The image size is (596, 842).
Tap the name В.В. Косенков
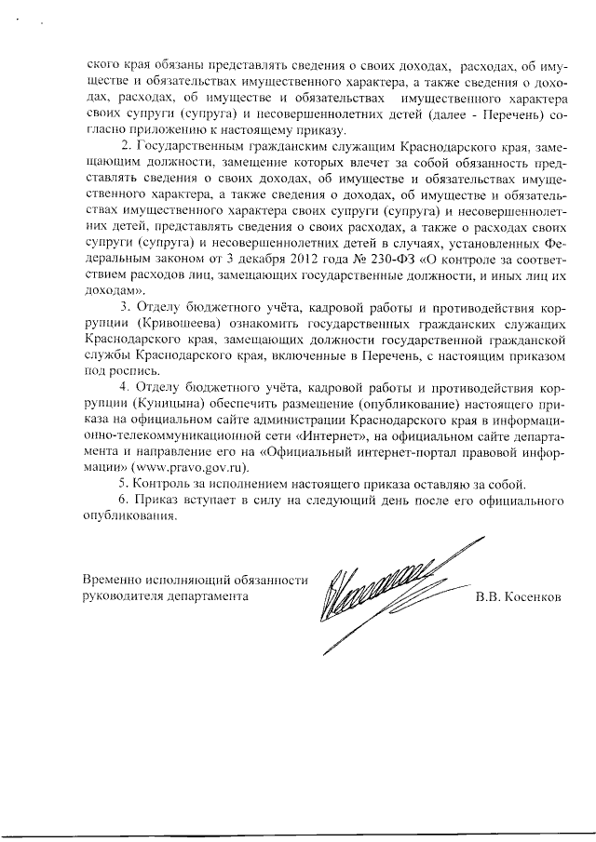pos(518,597)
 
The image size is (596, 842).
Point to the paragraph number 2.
pos(126,148)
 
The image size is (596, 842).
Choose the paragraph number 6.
pos(126,501)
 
